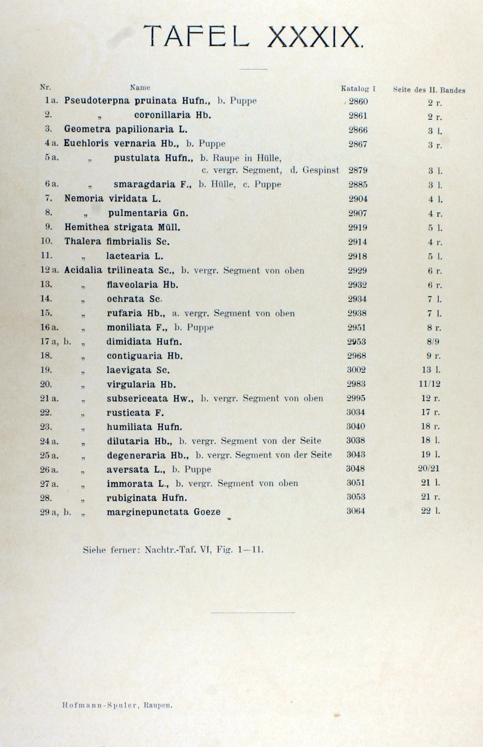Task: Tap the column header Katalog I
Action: (358, 89)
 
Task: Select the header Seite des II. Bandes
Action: (429, 90)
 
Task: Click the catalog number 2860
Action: (358, 102)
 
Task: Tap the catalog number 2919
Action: (358, 228)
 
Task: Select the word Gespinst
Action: (321, 171)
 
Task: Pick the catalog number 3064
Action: (356, 511)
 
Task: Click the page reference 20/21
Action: (429, 468)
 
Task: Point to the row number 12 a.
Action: (49, 270)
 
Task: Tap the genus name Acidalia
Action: (83, 270)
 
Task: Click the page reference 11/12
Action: (429, 384)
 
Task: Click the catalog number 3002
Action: (356, 370)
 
